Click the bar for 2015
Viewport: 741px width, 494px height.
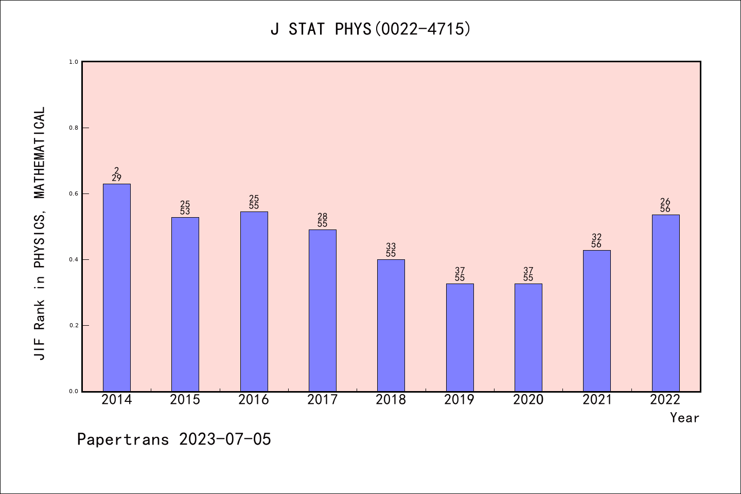pos(185,304)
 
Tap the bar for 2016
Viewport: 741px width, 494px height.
pos(254,301)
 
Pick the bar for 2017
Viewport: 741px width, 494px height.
pos(323,310)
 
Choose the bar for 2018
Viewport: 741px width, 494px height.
pos(391,325)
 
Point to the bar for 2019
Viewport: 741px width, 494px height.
pos(460,337)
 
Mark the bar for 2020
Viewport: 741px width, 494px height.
pos(528,337)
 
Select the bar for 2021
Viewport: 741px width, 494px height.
pos(597,321)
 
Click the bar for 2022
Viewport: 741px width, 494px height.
pos(665,303)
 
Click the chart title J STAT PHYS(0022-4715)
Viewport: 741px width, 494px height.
pos(370,29)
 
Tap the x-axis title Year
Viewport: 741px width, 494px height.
pos(684,418)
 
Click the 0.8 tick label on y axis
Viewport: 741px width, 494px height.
pos(74,128)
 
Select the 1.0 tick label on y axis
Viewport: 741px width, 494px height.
pos(74,62)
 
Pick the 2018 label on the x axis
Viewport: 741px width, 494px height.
pos(391,400)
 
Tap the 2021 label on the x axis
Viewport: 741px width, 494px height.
pos(597,400)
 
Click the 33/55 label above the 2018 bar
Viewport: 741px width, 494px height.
pos(391,250)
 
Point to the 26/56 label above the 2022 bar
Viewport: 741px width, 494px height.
pos(665,205)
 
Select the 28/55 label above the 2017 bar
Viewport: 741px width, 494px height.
pos(323,220)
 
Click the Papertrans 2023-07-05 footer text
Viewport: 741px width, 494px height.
pos(174,439)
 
